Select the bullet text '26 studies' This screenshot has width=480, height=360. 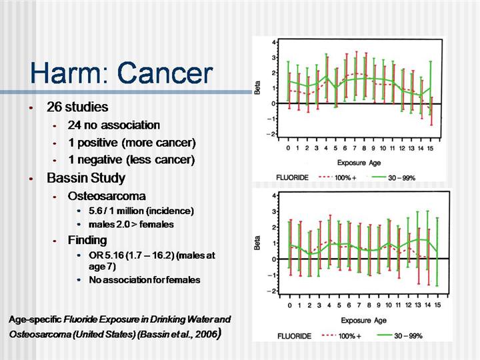tap(77, 107)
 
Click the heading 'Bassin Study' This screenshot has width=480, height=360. tap(86, 179)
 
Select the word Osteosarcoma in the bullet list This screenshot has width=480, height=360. tap(107, 197)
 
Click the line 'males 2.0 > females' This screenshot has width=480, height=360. tap(126, 224)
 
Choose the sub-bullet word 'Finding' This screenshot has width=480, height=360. tap(87, 240)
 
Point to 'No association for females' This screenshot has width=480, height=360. tap(145, 280)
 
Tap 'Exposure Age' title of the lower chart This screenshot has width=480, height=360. tap(364, 320)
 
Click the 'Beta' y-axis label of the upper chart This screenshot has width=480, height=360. tap(259, 87)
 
